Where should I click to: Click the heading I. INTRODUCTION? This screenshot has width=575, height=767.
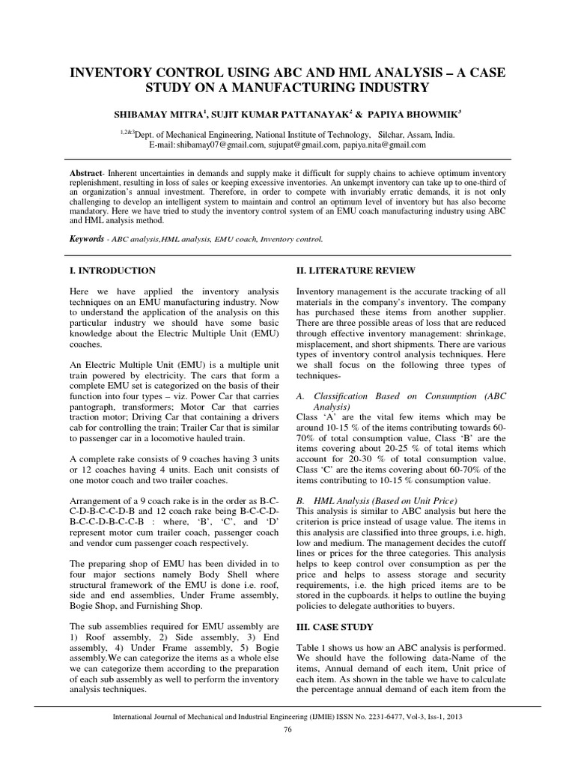112,270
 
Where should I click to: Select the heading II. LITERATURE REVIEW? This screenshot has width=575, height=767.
355,270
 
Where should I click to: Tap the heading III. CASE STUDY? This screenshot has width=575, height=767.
338,626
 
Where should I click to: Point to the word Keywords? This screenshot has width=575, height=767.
86,240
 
